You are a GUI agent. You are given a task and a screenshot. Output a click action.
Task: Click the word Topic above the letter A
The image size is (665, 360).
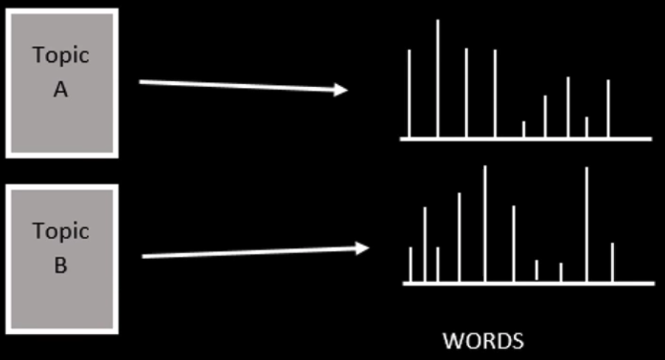pyautogui.click(x=60, y=55)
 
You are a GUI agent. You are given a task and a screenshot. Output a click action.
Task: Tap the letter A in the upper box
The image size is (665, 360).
pyautogui.click(x=60, y=90)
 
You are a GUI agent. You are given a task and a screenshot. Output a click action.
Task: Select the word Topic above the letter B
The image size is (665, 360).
pyautogui.click(x=60, y=231)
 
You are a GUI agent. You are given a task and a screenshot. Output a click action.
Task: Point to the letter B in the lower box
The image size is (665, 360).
pyautogui.click(x=60, y=265)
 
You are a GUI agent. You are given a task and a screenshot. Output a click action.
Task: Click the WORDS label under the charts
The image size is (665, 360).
pyautogui.click(x=483, y=342)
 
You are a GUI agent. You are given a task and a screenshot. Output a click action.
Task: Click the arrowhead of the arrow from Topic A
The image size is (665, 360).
pyautogui.click(x=341, y=90)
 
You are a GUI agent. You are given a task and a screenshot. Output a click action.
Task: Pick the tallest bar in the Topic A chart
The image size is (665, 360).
pyautogui.click(x=438, y=78)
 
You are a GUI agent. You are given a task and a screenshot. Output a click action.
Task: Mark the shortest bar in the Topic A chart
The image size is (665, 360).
pyautogui.click(x=523, y=129)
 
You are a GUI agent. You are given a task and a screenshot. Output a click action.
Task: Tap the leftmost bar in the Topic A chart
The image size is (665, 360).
pyautogui.click(x=409, y=93)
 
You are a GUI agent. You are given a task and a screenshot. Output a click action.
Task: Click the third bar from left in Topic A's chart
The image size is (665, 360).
pyautogui.click(x=466, y=93)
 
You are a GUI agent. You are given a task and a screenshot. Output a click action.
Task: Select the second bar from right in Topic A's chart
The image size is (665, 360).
pyautogui.click(x=587, y=127)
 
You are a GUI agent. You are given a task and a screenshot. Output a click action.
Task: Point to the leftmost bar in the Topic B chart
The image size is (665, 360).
pyautogui.click(x=410, y=264)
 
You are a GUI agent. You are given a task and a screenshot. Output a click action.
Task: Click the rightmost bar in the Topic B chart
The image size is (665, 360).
pyautogui.click(x=613, y=262)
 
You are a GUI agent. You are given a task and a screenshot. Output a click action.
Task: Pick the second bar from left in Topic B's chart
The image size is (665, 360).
pyautogui.click(x=425, y=244)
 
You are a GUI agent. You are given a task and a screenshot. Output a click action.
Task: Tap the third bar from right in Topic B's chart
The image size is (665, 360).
pyautogui.click(x=561, y=272)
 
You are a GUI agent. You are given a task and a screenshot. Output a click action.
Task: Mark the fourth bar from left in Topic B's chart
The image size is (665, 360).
pyautogui.click(x=459, y=237)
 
